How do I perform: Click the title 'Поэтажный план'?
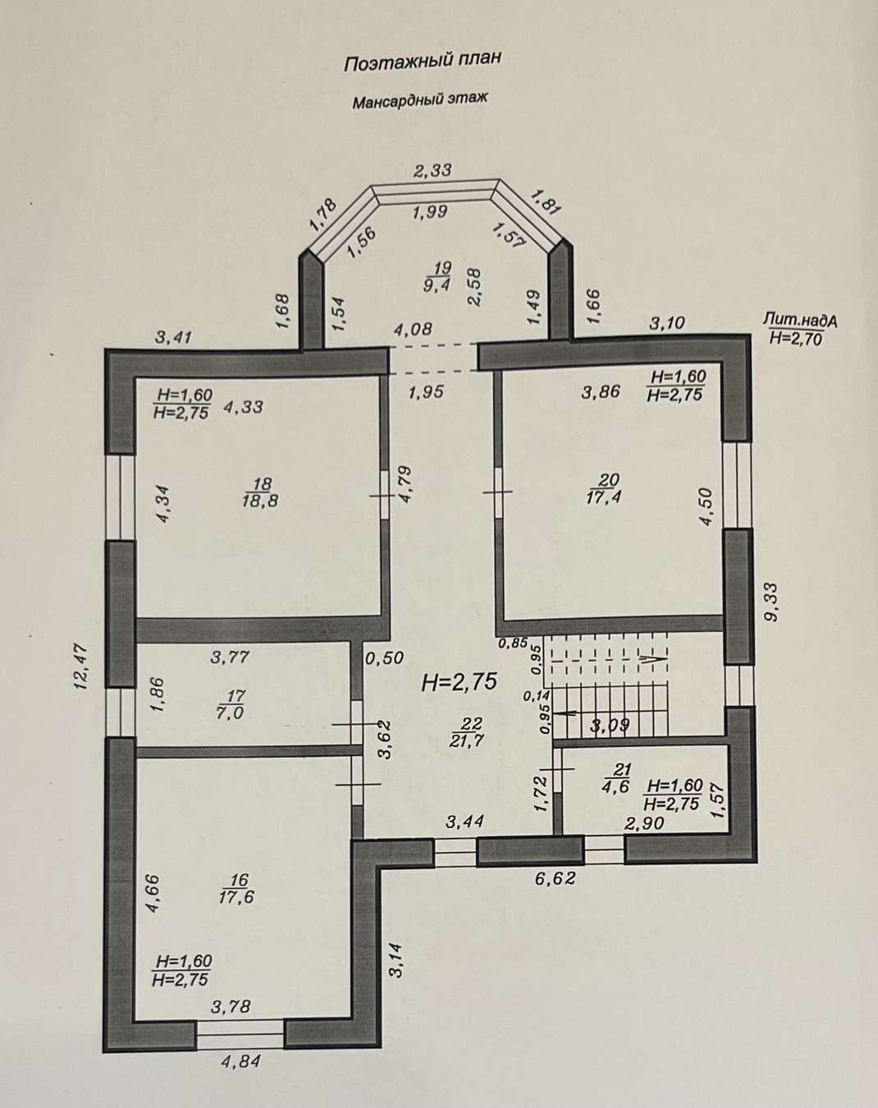pos(423,62)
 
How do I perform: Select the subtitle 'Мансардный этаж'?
pos(419,99)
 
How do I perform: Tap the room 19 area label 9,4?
pos(437,284)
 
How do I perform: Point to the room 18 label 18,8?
pos(260,500)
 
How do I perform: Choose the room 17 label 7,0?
pos(231,713)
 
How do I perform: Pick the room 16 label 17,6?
pos(236,897)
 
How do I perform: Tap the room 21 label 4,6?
pos(618,787)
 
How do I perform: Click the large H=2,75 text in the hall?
pos(460,682)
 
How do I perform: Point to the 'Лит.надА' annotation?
pos(800,321)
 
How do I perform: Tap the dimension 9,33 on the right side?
pos(772,602)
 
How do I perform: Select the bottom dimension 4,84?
pos(241,1061)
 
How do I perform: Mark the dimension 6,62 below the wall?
pos(556,877)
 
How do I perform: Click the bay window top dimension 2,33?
pos(432,170)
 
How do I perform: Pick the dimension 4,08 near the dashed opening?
pos(413,329)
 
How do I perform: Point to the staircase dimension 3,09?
pos(610,726)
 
